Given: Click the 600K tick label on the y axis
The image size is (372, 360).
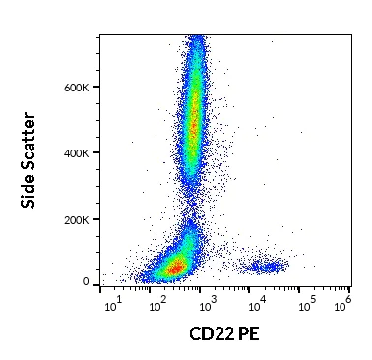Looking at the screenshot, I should click(76, 88).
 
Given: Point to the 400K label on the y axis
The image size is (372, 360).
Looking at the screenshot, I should click(76, 152).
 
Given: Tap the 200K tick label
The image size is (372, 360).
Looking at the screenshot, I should click(76, 218).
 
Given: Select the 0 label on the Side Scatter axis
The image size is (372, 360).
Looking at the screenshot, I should click(86, 282).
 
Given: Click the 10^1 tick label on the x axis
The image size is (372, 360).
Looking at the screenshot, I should click(111, 307).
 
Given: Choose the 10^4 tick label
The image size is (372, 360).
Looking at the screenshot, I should click(257, 307).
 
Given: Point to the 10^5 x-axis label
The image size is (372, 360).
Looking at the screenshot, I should click(305, 307).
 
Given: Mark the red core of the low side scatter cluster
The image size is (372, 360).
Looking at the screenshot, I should click(176, 267).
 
